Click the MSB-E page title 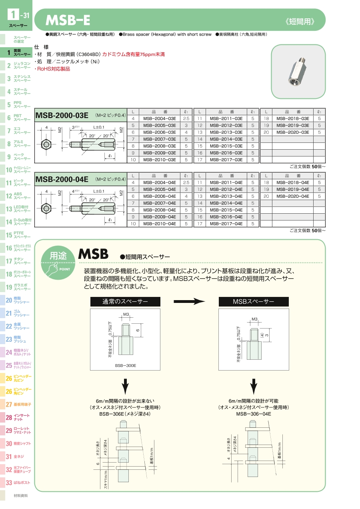[68, 20]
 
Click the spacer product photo [298, 71]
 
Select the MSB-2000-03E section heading [62, 116]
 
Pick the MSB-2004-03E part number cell [160, 119]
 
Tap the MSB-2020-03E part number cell [293, 132]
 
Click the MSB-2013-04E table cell [226, 196]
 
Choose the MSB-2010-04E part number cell [160, 224]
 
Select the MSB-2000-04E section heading [62, 180]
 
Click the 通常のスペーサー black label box [125, 302]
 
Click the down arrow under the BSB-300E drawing [125, 387]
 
